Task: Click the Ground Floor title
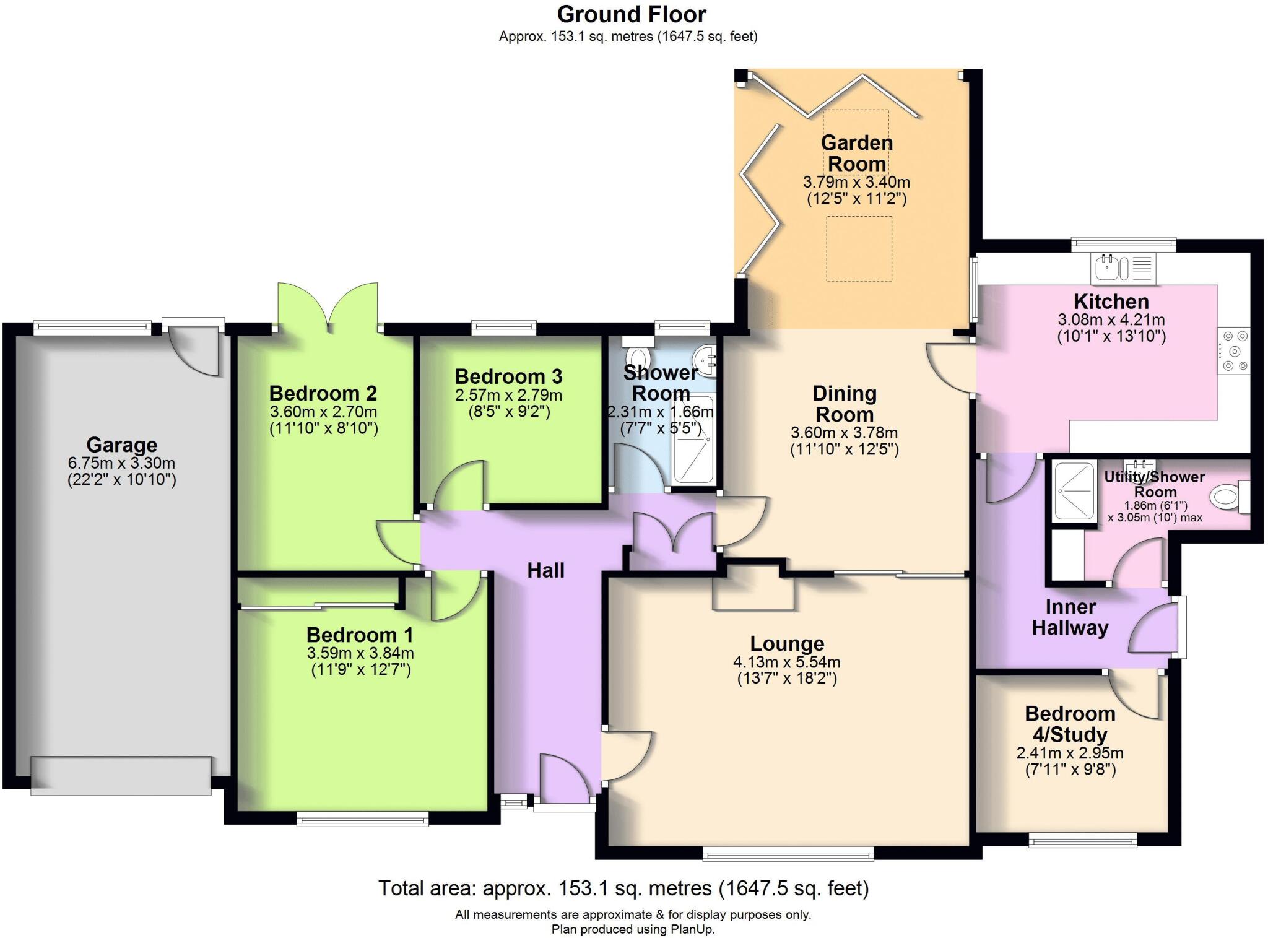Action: [x=631, y=14]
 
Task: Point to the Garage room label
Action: [x=121, y=445]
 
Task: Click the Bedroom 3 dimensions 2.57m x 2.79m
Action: [x=508, y=395]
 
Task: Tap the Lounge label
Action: [x=786, y=644]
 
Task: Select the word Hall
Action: [x=545, y=570]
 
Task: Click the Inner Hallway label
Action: [x=1070, y=617]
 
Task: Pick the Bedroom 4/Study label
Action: [x=1070, y=724]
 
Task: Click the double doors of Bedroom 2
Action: [x=328, y=305]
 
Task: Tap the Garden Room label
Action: [x=856, y=153]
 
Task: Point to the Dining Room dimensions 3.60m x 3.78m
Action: [x=844, y=433]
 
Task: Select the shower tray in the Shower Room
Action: [x=693, y=440]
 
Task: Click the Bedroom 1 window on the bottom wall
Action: [x=362, y=820]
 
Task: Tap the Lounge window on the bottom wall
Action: [x=788, y=855]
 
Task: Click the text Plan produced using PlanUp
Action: [x=633, y=929]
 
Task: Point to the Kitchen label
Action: [x=1111, y=302]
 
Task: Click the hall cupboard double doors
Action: [x=673, y=533]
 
